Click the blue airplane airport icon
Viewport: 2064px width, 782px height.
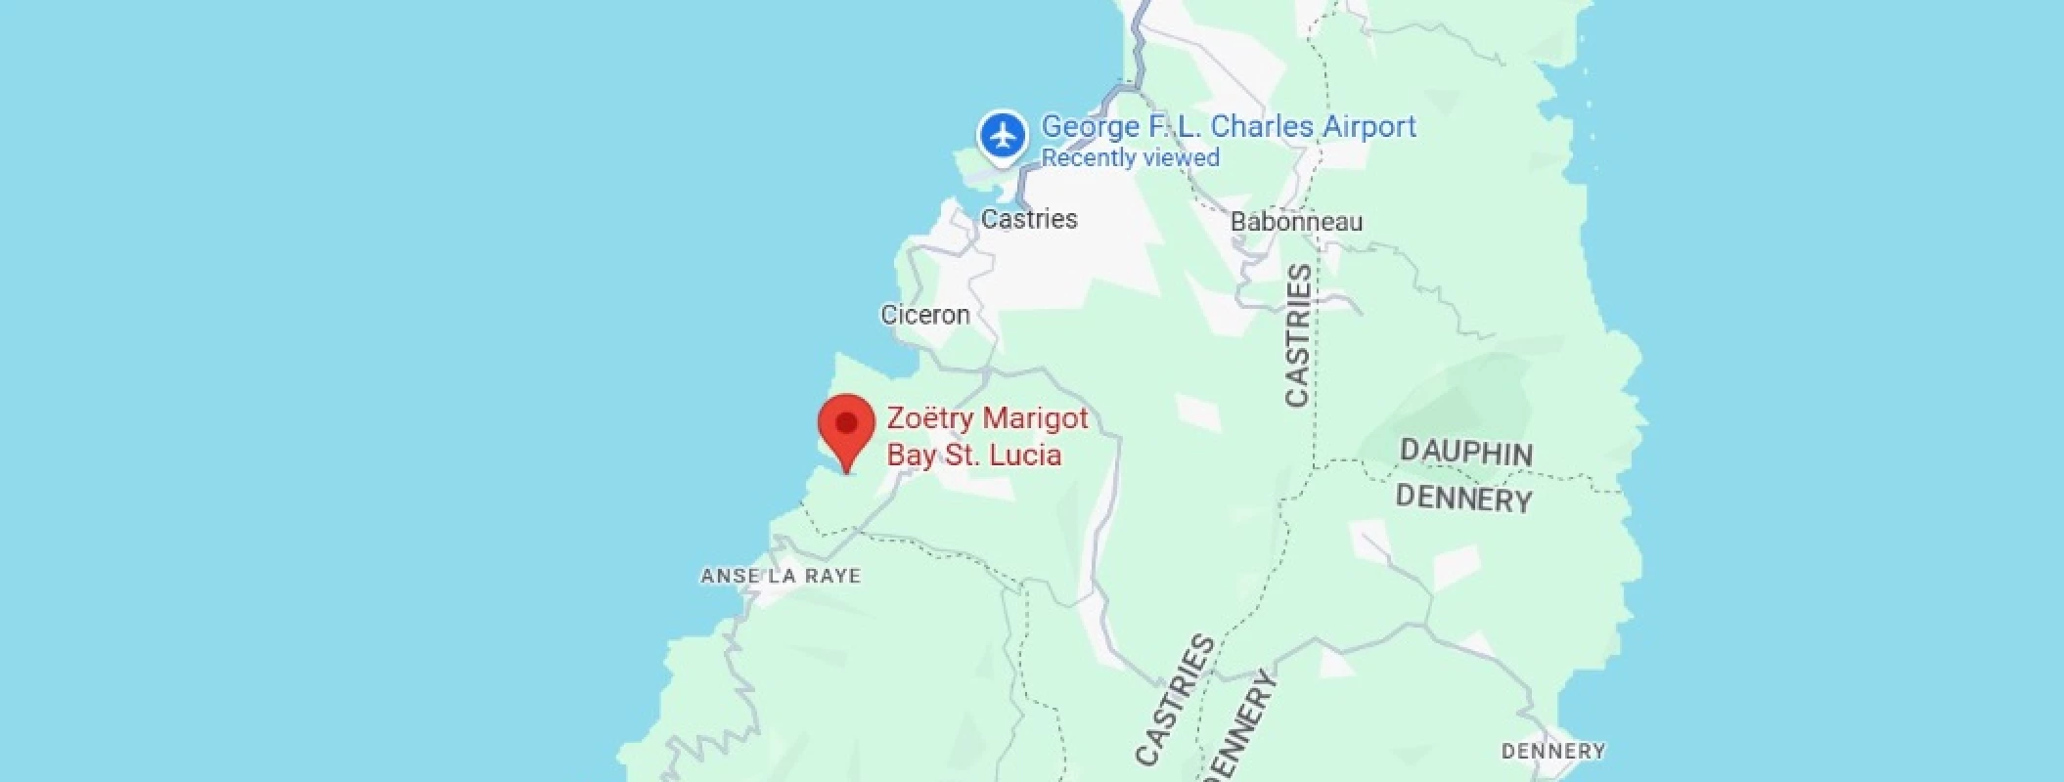pyautogui.click(x=1003, y=136)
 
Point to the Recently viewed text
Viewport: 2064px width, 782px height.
pyautogui.click(x=1130, y=158)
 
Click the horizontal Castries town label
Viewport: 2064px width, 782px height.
pyautogui.click(x=1029, y=219)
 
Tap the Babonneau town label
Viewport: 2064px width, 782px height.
pyautogui.click(x=1296, y=222)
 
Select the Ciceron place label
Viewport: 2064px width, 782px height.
pyautogui.click(x=925, y=315)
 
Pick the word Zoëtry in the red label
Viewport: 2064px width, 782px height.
pyautogui.click(x=930, y=419)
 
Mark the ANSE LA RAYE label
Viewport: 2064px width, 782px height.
pyautogui.click(x=781, y=576)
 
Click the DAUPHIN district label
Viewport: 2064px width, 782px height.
pyautogui.click(x=1466, y=453)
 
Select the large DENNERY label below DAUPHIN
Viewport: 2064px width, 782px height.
pyautogui.click(x=1463, y=499)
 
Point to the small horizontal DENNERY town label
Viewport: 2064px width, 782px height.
pyautogui.click(x=1553, y=751)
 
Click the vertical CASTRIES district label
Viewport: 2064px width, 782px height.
pyautogui.click(x=1298, y=335)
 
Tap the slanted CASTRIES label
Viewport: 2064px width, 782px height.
pyautogui.click(x=1176, y=699)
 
